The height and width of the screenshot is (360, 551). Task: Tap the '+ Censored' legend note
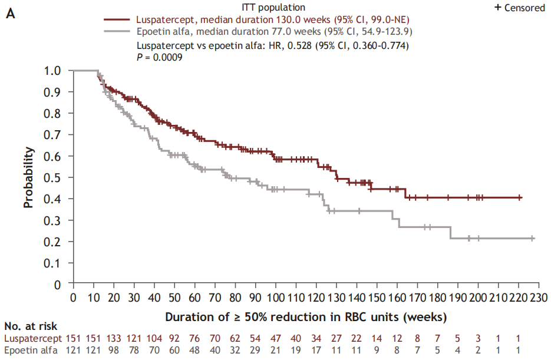[519, 7]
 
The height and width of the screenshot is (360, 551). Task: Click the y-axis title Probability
[28, 177]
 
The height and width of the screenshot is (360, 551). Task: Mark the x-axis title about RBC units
[305, 317]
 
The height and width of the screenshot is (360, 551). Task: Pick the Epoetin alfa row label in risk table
[31, 351]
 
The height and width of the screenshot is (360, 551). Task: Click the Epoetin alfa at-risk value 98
[113, 351]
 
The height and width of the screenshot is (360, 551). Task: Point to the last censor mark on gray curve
[532, 238]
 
